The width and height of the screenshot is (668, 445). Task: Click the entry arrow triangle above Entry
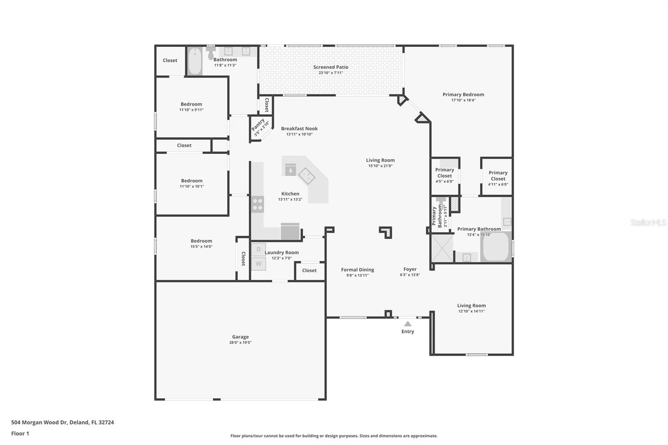pos(408,324)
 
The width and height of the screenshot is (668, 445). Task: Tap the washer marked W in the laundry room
pos(258,263)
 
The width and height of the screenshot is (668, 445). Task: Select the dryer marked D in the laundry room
pos(258,249)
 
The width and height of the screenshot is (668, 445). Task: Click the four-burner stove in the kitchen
pos(258,205)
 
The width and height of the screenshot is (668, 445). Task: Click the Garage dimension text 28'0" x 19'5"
pos(240,343)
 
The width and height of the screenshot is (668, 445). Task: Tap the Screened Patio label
pos(331,67)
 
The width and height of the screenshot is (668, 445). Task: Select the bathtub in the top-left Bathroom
pos(195,62)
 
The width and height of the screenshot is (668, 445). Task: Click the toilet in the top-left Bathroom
pos(210,53)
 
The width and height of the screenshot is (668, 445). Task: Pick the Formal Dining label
pos(357,270)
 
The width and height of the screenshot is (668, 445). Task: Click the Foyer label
pos(410,269)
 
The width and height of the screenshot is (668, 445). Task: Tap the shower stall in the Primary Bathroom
pos(442,248)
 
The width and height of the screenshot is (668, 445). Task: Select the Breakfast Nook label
pos(299,129)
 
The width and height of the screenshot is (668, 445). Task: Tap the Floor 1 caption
pos(20,433)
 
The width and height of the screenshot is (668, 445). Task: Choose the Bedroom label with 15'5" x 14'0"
pos(201,241)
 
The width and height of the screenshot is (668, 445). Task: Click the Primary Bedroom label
pos(463,94)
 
